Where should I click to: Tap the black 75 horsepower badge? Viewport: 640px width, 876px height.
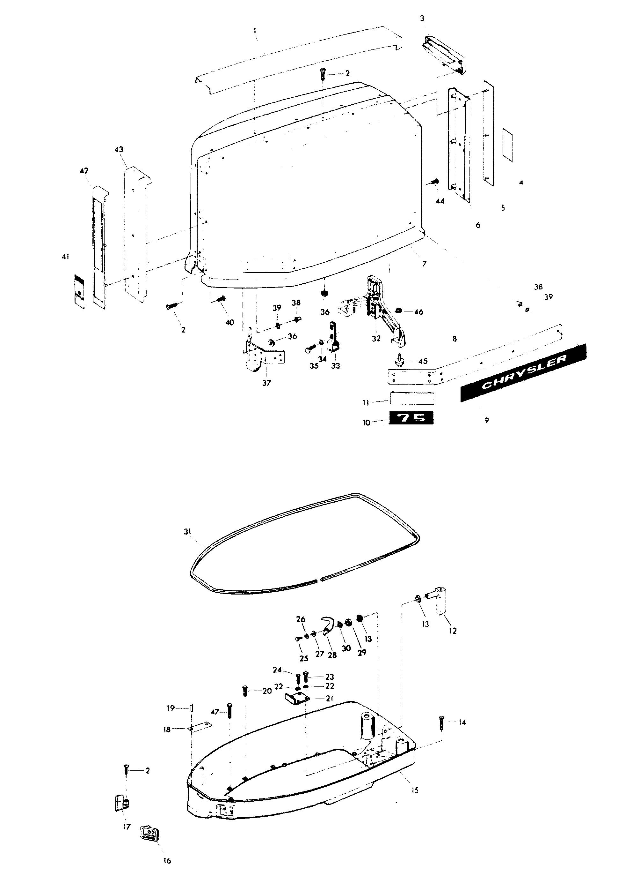click(x=411, y=418)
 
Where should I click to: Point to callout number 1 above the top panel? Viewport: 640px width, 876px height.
click(x=255, y=30)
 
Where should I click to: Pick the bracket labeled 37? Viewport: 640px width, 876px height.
click(x=263, y=351)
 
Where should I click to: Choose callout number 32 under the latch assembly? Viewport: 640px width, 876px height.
click(x=376, y=338)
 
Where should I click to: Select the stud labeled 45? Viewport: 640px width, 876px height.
click(x=399, y=359)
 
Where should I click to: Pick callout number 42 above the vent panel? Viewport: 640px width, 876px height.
click(x=84, y=171)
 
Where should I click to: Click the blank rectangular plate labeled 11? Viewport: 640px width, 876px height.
click(x=412, y=398)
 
